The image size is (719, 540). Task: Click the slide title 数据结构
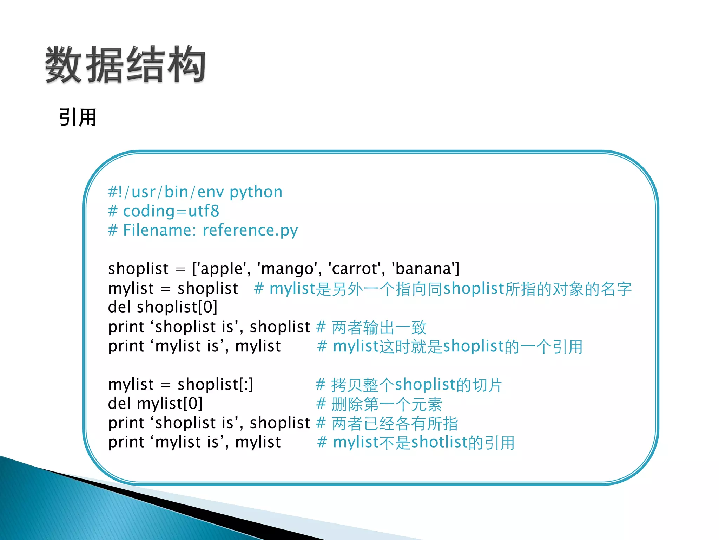point(125,65)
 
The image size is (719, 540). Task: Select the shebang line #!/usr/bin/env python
point(195,192)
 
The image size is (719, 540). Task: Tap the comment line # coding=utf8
point(164,211)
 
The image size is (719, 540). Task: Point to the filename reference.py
point(250,231)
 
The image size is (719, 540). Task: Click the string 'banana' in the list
point(423,269)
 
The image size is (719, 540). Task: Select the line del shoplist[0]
point(163,307)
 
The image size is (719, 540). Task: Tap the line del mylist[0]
point(155,404)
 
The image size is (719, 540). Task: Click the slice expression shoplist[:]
point(215,384)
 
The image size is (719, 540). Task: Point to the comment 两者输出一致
point(379,327)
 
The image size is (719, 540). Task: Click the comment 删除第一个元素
point(386,404)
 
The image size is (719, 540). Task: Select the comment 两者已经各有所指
point(395,423)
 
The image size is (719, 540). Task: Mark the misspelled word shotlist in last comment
point(440,442)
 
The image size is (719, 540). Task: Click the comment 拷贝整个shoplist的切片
point(416,385)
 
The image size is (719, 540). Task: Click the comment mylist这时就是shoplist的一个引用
point(457,347)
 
